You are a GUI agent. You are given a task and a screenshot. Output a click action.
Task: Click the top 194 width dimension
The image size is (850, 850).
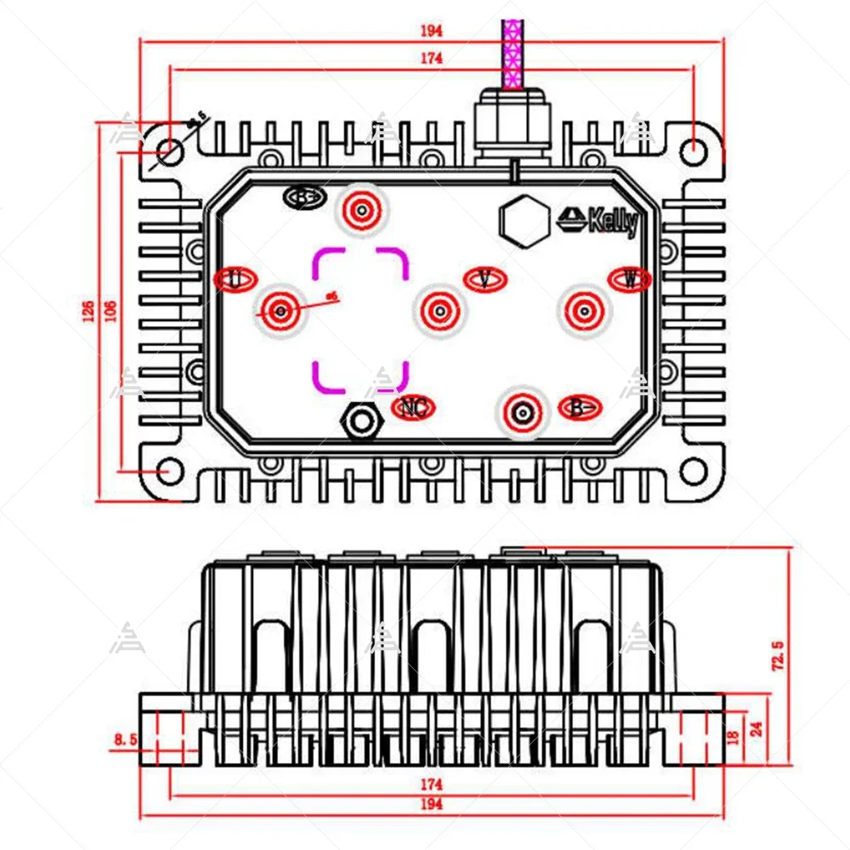pyautogui.click(x=432, y=31)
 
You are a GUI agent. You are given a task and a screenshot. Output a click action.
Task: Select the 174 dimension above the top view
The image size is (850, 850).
pyautogui.click(x=432, y=58)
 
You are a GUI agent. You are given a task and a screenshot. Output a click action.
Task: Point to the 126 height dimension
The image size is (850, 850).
pyautogui.click(x=88, y=313)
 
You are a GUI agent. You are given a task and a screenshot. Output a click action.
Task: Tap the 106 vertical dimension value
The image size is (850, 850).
pyautogui.click(x=110, y=313)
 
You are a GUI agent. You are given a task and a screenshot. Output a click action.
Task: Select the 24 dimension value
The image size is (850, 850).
pyautogui.click(x=756, y=729)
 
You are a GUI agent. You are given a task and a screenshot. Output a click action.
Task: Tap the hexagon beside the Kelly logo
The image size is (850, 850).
pyautogui.click(x=522, y=220)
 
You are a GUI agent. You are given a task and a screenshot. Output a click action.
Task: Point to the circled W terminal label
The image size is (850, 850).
pyautogui.click(x=630, y=278)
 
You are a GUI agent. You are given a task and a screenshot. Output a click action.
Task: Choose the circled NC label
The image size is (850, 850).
pyautogui.click(x=413, y=408)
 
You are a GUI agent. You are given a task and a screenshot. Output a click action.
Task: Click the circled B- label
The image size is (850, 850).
pyautogui.click(x=580, y=408)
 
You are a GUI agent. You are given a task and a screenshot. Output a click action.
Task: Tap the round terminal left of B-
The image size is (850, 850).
pyautogui.click(x=523, y=413)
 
